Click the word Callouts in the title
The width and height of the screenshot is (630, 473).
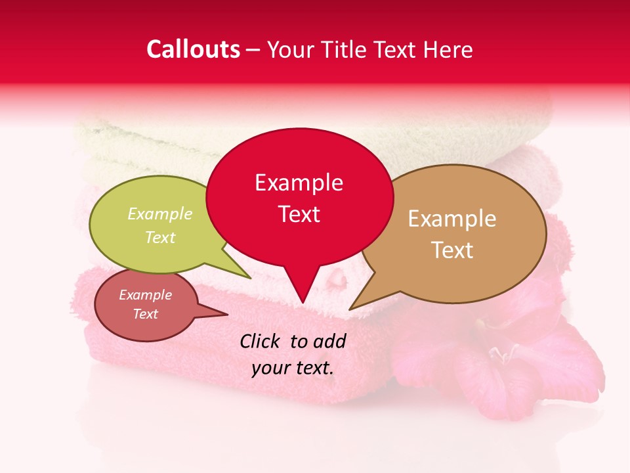(193, 49)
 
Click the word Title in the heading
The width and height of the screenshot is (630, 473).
(346, 49)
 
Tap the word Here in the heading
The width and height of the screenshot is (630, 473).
(448, 49)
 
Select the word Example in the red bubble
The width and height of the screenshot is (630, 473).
(299, 183)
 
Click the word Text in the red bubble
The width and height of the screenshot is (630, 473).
(299, 214)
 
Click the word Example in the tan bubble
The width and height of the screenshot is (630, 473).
(452, 219)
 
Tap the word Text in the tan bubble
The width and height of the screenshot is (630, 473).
(452, 250)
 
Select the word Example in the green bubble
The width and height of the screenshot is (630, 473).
(159, 214)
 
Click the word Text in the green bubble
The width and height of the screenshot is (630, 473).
(159, 238)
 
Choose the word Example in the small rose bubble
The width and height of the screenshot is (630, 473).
(145, 295)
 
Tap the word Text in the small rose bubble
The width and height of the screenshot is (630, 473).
(145, 314)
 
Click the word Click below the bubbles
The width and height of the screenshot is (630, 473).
(261, 341)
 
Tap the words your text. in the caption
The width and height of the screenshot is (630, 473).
(293, 368)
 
